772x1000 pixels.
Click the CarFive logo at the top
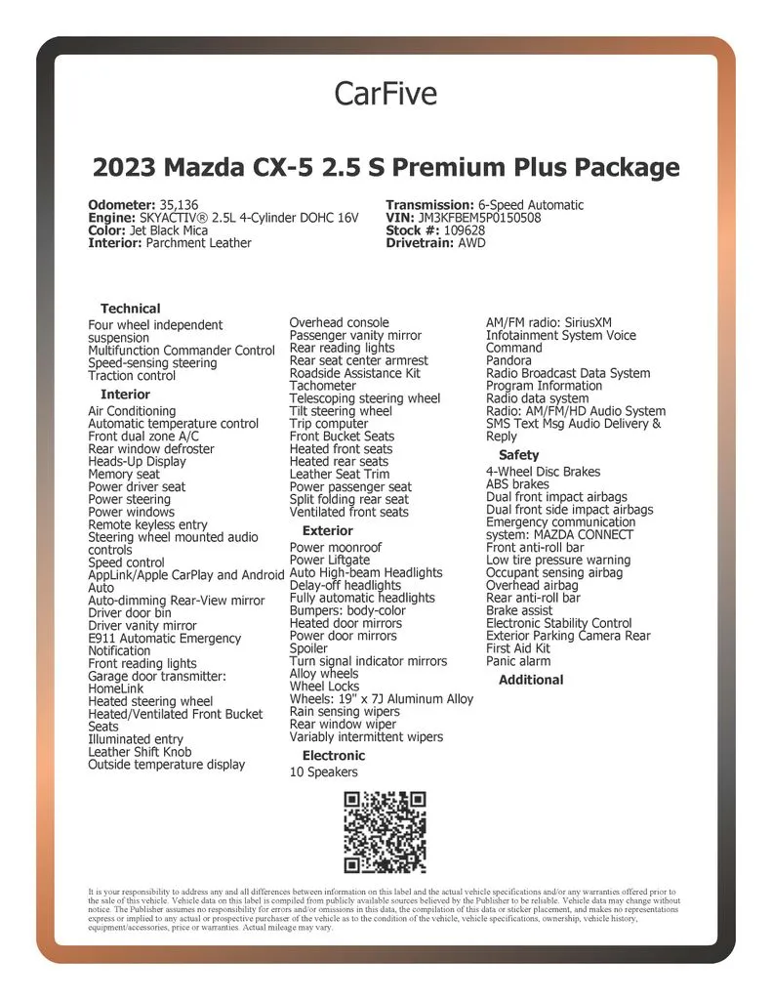386,94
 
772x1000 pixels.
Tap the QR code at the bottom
386,833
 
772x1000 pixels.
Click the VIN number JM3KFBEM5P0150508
479,218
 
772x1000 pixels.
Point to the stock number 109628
463,230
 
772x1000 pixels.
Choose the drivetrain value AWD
471,243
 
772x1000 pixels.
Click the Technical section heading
131,309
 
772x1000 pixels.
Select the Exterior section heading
328,531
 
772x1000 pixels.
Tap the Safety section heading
518,455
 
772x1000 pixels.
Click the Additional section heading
531,680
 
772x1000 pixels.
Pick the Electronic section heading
334,756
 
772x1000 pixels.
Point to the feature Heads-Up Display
137,462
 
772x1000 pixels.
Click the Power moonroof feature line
336,548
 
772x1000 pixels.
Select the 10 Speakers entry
324,772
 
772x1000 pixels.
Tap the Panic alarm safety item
518,661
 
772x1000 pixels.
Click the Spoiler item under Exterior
309,648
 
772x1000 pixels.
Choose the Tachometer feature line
323,386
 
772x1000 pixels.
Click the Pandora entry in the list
509,360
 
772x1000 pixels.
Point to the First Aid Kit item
518,648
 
